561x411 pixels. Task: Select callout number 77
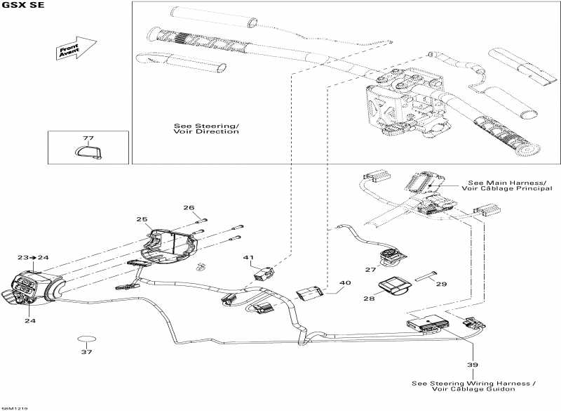click(88, 138)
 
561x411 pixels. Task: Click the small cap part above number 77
click(88, 151)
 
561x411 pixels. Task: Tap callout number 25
click(142, 220)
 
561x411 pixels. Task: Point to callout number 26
click(189, 207)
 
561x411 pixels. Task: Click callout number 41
click(248, 258)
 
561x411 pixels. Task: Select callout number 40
click(344, 283)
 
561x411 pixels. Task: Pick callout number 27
click(371, 270)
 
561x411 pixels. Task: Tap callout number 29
click(441, 284)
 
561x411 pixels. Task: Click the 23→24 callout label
click(33, 258)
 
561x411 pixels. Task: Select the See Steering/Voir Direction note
click(206, 129)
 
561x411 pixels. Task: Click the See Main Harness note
click(502, 184)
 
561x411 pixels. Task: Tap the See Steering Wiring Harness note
click(475, 386)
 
